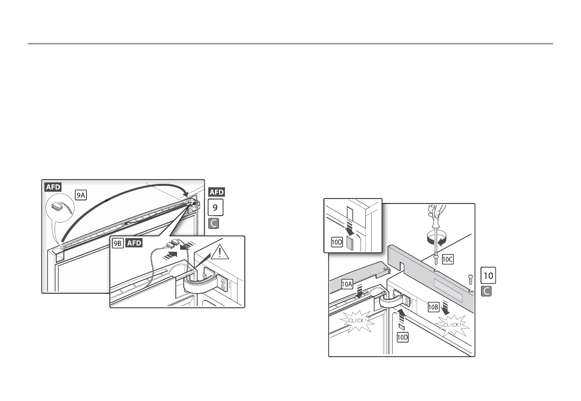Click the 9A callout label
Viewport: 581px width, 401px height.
81,194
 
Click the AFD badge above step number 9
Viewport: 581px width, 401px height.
217,192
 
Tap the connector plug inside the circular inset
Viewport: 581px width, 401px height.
59,206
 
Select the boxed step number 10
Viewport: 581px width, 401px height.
488,276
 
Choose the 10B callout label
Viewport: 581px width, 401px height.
434,307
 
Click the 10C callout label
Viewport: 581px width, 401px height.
448,260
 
